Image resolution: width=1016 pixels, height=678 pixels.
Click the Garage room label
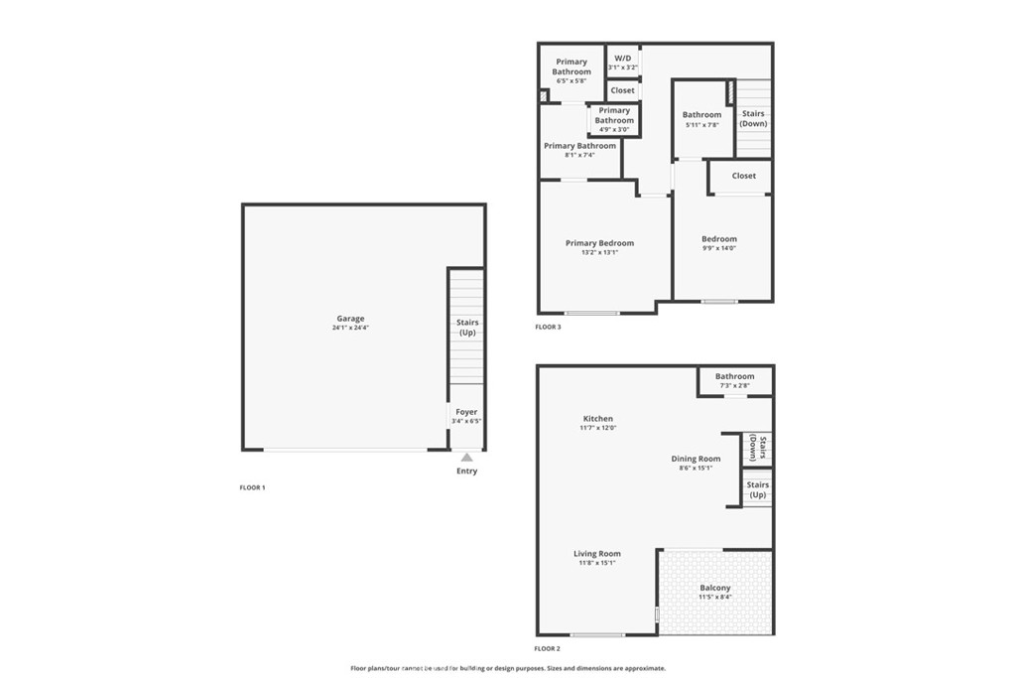(349, 319)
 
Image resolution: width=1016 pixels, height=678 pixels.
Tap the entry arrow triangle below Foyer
(466, 457)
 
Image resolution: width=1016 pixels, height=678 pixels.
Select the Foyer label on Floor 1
(466, 412)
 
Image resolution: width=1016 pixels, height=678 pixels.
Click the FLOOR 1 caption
(252, 487)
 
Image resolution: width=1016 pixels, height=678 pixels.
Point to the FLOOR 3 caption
(548, 327)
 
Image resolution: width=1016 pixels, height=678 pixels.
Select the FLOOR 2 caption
(548, 648)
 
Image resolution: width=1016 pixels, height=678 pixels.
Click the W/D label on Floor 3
(623, 59)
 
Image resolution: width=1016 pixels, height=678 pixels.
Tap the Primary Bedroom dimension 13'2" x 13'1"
(599, 252)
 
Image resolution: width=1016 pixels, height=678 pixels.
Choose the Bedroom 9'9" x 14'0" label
(719, 239)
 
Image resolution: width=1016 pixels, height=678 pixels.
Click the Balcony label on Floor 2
(714, 588)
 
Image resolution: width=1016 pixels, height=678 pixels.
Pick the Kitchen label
(597, 419)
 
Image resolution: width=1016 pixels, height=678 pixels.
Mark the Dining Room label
(696, 459)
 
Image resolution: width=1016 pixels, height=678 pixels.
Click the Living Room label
(597, 554)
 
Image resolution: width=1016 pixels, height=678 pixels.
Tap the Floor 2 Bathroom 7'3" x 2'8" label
(735, 376)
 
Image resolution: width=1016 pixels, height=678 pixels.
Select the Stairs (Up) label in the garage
(467, 328)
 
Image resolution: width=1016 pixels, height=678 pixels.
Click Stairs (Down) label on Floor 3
(753, 119)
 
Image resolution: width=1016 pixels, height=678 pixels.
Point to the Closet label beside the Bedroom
(743, 176)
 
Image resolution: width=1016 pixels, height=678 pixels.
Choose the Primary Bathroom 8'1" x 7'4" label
(580, 146)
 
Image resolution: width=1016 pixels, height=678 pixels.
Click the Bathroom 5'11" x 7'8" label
(701, 115)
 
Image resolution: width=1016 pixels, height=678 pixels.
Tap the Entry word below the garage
(466, 471)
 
